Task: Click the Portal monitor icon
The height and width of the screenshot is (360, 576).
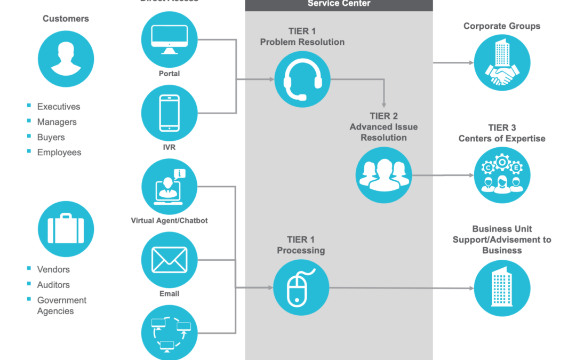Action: pyautogui.click(x=170, y=39)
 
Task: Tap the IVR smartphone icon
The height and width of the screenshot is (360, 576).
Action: pyautogui.click(x=170, y=113)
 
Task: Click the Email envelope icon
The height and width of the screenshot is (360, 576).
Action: pyautogui.click(x=170, y=260)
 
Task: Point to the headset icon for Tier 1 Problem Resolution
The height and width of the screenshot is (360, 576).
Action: pyautogui.click(x=302, y=79)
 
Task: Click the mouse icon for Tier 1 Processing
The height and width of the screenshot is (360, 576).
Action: pyautogui.click(x=301, y=287)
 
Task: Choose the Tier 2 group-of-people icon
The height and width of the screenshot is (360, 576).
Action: pyautogui.click(x=384, y=175)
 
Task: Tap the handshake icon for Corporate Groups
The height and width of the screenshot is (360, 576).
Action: pyautogui.click(x=502, y=62)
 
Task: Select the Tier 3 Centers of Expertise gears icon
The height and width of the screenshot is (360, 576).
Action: pyautogui.click(x=502, y=175)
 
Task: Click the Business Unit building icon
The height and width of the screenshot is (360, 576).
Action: pyautogui.click(x=502, y=288)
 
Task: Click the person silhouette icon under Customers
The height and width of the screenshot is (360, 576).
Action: pyautogui.click(x=66, y=59)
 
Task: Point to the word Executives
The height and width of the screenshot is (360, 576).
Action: pyautogui.click(x=59, y=107)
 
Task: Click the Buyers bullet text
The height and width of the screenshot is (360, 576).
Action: pyautogui.click(x=51, y=137)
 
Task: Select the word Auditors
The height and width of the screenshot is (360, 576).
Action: pyautogui.click(x=53, y=285)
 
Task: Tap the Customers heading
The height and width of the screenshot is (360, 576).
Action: pyautogui.click(x=66, y=19)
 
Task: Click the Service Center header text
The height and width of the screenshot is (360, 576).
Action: pyautogui.click(x=339, y=4)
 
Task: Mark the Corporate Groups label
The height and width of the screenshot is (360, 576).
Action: pyautogui.click(x=502, y=26)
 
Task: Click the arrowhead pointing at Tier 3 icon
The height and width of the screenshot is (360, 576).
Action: pyautogui.click(x=470, y=175)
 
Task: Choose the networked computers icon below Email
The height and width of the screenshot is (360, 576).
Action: pyautogui.click(x=170, y=333)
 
